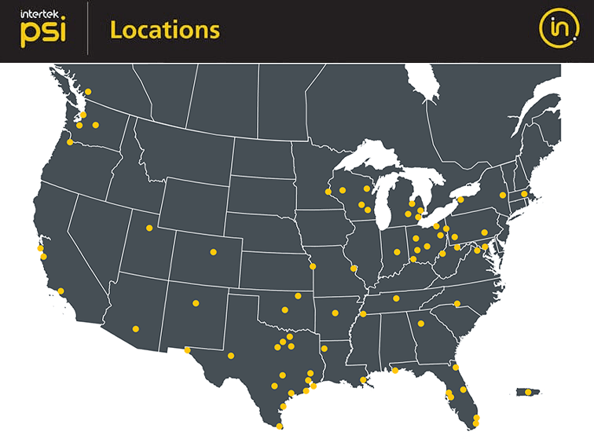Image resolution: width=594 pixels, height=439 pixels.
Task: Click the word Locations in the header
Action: (x=164, y=30)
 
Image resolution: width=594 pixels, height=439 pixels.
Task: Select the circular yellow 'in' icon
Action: (x=559, y=29)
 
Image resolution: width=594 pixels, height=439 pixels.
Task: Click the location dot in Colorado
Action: (x=213, y=252)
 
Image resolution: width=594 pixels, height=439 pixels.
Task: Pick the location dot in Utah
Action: (x=148, y=229)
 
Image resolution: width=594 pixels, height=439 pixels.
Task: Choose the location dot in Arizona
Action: (x=136, y=329)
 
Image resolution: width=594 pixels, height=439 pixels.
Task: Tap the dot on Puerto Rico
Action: (x=527, y=392)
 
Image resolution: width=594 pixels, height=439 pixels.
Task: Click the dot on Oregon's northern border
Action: (x=71, y=142)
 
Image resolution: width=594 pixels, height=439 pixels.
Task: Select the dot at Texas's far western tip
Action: (x=187, y=350)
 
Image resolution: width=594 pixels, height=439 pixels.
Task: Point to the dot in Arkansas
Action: (x=335, y=313)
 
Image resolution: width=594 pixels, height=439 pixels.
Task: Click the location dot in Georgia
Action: (x=421, y=324)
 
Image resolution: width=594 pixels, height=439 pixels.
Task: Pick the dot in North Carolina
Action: (x=457, y=304)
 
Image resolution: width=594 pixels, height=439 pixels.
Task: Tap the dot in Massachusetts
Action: (x=524, y=193)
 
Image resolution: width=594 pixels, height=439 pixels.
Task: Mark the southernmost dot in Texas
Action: (x=280, y=426)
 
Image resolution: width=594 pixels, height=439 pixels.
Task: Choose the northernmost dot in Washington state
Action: (x=88, y=92)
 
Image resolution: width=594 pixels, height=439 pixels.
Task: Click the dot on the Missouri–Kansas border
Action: (x=313, y=266)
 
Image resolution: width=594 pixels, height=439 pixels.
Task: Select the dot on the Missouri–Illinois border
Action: (x=354, y=269)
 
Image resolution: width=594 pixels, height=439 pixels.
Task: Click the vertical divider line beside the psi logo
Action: (x=87, y=30)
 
